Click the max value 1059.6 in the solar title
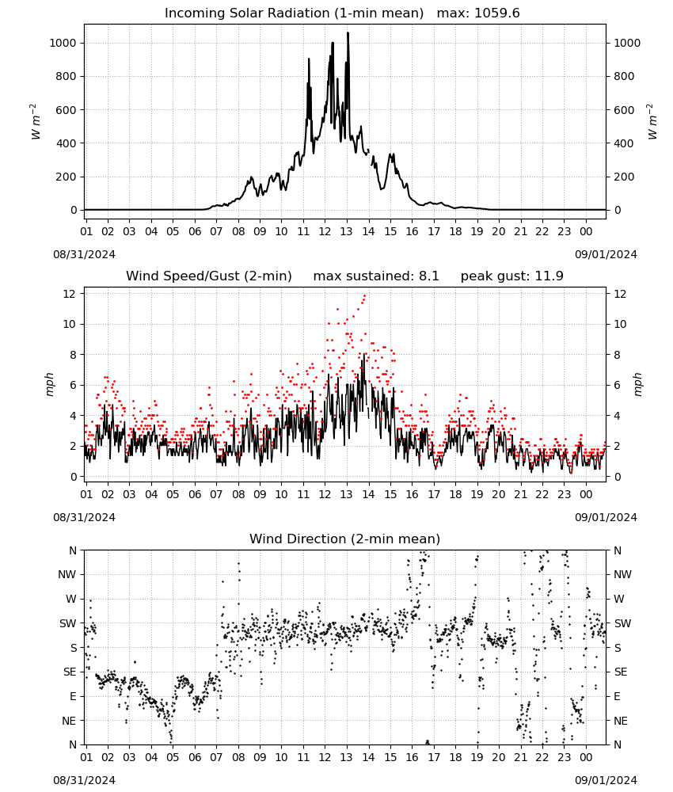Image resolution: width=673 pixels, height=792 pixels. click(x=496, y=13)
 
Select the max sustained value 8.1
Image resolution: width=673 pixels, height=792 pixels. click(x=428, y=276)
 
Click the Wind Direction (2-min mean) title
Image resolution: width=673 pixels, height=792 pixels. click(x=345, y=539)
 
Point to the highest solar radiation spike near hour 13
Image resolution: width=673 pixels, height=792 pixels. click(x=348, y=33)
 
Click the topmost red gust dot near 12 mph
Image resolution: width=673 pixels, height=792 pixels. click(x=364, y=295)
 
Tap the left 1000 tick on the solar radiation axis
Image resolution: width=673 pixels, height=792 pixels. click(x=63, y=43)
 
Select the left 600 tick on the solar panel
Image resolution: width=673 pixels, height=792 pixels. click(x=67, y=110)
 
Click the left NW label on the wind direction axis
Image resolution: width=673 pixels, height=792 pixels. click(x=67, y=575)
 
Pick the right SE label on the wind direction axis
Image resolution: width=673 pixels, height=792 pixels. click(x=621, y=672)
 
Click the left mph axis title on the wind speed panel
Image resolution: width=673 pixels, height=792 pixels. click(x=49, y=384)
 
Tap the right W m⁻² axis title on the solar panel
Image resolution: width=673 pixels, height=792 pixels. click(x=652, y=122)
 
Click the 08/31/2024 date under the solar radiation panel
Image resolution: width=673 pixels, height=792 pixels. click(x=84, y=254)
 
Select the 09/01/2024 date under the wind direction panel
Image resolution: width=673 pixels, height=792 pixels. click(x=606, y=780)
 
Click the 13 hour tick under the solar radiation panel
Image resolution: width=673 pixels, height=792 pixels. click(x=346, y=232)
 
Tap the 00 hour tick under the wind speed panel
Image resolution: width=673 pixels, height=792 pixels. click(x=586, y=494)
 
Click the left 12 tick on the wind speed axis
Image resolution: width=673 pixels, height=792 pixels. click(x=70, y=294)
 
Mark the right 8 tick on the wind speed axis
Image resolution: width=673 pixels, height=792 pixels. click(x=617, y=355)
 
